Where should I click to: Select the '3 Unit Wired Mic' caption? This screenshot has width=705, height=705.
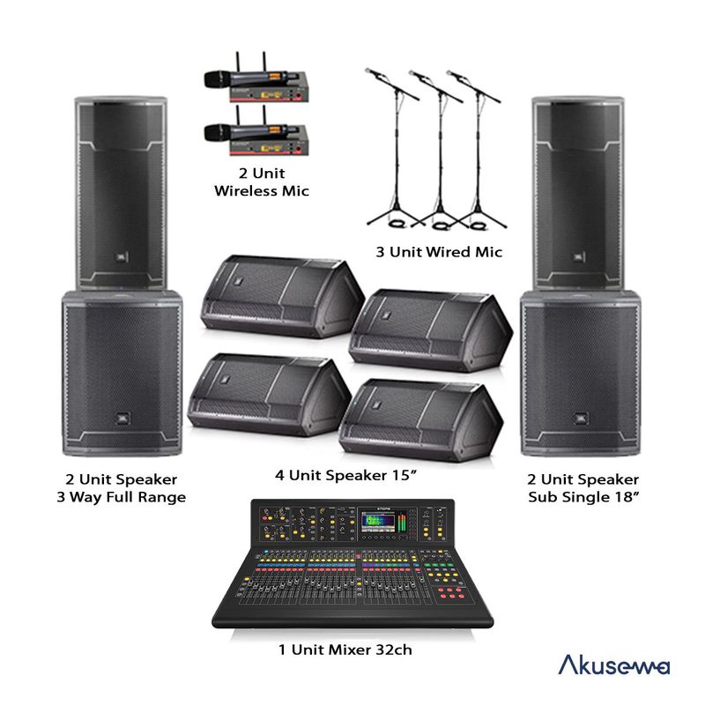pos(438,252)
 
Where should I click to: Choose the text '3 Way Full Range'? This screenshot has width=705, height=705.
pos(120,498)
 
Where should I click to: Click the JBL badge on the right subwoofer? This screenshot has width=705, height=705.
pos(582,419)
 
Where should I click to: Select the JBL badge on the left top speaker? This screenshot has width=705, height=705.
pos(118,257)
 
